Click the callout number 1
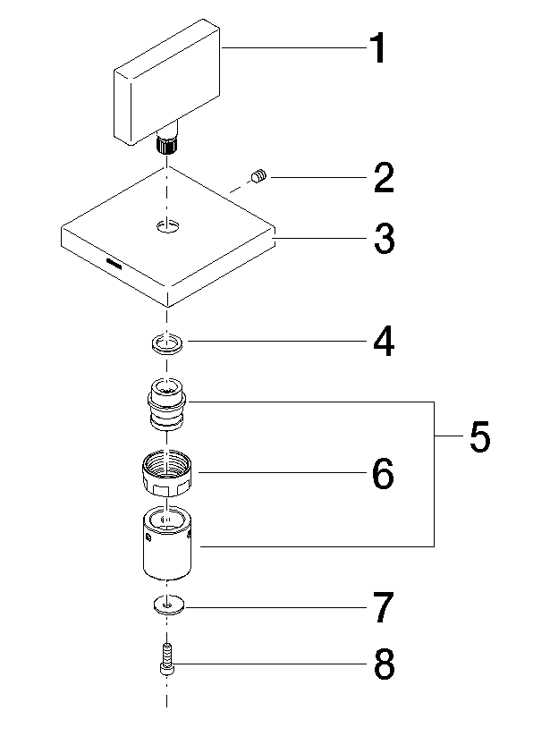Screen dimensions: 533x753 [378, 48]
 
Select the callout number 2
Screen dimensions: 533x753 [384, 178]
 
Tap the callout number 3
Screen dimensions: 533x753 [385, 238]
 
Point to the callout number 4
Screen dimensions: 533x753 [384, 341]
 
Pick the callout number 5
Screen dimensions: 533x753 [479, 436]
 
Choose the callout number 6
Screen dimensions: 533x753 [383, 473]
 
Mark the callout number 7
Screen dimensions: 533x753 [384, 607]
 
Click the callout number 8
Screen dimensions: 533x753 [385, 664]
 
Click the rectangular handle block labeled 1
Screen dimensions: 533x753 [167, 81]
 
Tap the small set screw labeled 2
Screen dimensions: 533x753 [258, 176]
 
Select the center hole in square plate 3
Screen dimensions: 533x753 [167, 225]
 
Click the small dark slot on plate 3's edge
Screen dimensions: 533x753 [114, 263]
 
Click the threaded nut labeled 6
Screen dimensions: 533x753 [166, 475]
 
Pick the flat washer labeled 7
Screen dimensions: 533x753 [167, 605]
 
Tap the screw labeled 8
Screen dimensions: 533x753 [166, 660]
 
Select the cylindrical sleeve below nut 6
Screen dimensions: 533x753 [167, 543]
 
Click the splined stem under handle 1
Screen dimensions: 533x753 [167, 144]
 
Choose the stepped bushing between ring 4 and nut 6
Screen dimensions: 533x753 [167, 403]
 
